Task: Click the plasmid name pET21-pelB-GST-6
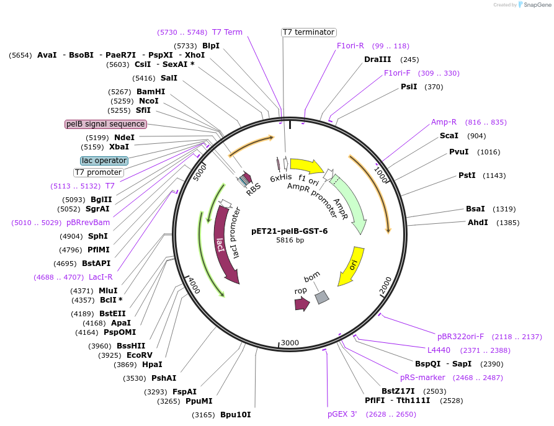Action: point(289,231)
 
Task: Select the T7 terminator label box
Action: point(308,32)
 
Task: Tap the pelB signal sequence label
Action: point(105,124)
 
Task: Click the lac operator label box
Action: point(104,161)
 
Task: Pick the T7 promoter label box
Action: point(98,172)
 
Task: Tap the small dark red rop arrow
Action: point(302,304)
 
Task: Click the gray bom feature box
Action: point(321,298)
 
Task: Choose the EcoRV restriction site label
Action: point(139,355)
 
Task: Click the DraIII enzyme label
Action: point(377,60)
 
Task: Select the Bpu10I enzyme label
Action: point(236,415)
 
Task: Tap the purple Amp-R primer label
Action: point(444,122)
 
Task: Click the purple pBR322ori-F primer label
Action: point(460,337)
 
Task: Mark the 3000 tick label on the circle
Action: point(290,343)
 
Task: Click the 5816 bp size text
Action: point(290,241)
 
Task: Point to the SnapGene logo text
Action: point(534,5)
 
